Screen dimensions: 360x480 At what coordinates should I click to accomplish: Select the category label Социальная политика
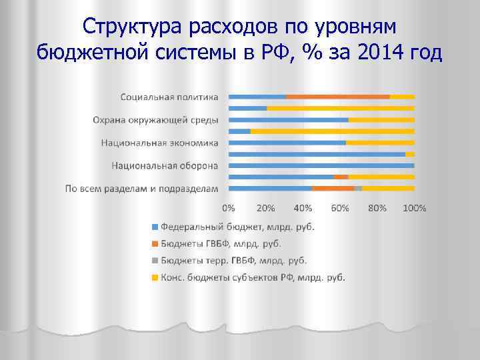click(169, 97)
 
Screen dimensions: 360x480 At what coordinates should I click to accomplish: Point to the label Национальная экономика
click(160, 143)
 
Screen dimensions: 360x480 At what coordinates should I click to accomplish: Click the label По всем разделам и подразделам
click(141, 189)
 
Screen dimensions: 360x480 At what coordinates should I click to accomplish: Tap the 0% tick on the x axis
click(228, 208)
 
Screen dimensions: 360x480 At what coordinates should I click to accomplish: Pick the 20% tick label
click(265, 208)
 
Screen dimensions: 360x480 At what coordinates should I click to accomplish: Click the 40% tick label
click(303, 208)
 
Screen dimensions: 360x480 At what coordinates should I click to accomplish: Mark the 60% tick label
click(340, 208)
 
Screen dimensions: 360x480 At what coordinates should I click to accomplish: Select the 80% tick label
click(377, 208)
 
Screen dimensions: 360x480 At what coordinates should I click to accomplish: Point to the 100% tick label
click(415, 208)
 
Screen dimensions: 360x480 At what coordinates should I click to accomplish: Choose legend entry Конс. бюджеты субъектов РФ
click(252, 278)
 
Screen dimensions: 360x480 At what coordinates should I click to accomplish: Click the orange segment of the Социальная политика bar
click(337, 97)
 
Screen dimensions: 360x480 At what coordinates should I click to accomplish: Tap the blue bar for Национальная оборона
click(321, 165)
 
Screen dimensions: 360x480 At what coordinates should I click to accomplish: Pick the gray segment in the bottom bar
click(358, 189)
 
